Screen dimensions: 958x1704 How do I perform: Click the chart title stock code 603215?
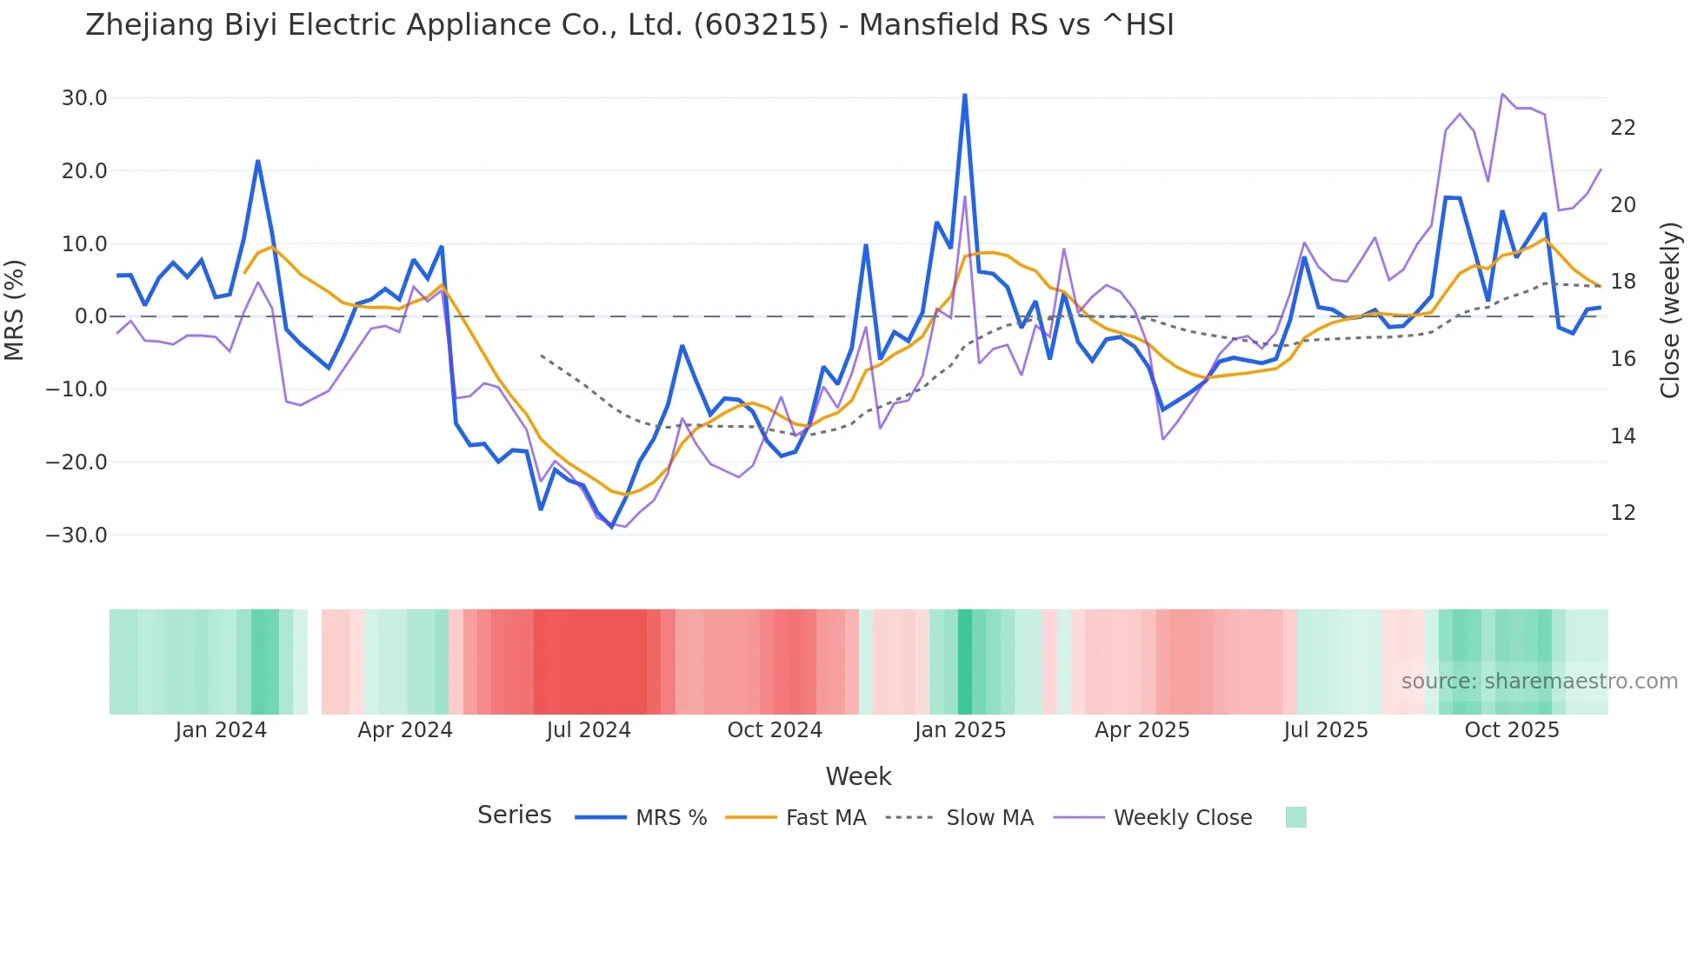pos(761,25)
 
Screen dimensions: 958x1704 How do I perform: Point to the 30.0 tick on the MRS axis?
pos(84,98)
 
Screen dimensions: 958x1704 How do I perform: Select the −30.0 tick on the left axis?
pos(77,536)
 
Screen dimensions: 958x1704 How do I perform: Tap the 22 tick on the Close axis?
pos(1622,128)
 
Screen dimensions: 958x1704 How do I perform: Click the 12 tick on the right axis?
pos(1622,513)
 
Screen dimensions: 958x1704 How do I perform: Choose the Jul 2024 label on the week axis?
pos(589,730)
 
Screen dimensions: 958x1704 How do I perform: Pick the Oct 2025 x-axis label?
pos(1512,730)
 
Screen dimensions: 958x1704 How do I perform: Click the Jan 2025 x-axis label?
pos(960,730)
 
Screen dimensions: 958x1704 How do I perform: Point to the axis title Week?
pos(858,776)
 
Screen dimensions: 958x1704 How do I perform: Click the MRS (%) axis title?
pos(15,309)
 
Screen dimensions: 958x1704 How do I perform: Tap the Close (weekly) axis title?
pos(1670,310)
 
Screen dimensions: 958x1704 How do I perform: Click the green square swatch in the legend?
pos(1295,817)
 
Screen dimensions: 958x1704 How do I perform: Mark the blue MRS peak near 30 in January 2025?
pos(965,96)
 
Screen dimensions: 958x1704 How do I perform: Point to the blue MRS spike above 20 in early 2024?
pos(258,162)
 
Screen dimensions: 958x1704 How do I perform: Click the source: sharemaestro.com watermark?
pos(1539,682)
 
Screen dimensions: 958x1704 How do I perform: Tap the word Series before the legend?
pos(514,815)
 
